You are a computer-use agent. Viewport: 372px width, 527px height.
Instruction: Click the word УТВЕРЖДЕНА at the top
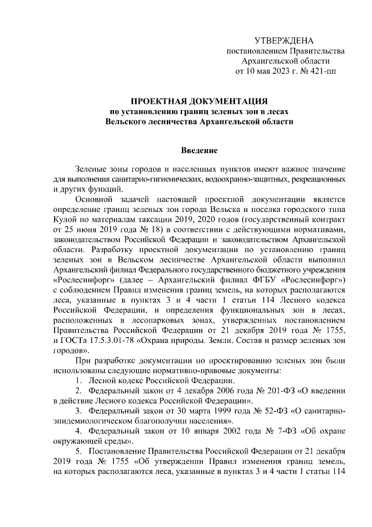tap(284, 40)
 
